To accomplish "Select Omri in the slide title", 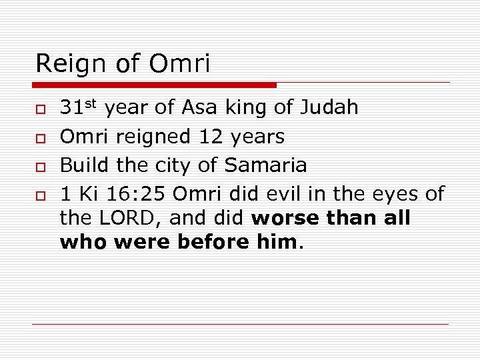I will tap(179, 64).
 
